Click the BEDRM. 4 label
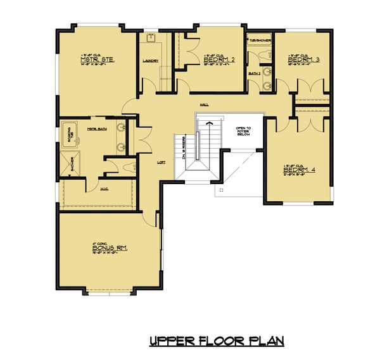tap(294, 170)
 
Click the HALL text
tap(204, 105)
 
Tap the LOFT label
tap(161, 162)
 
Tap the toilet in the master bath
tap(130, 168)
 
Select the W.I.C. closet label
tap(104, 189)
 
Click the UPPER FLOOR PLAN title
tap(217, 341)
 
